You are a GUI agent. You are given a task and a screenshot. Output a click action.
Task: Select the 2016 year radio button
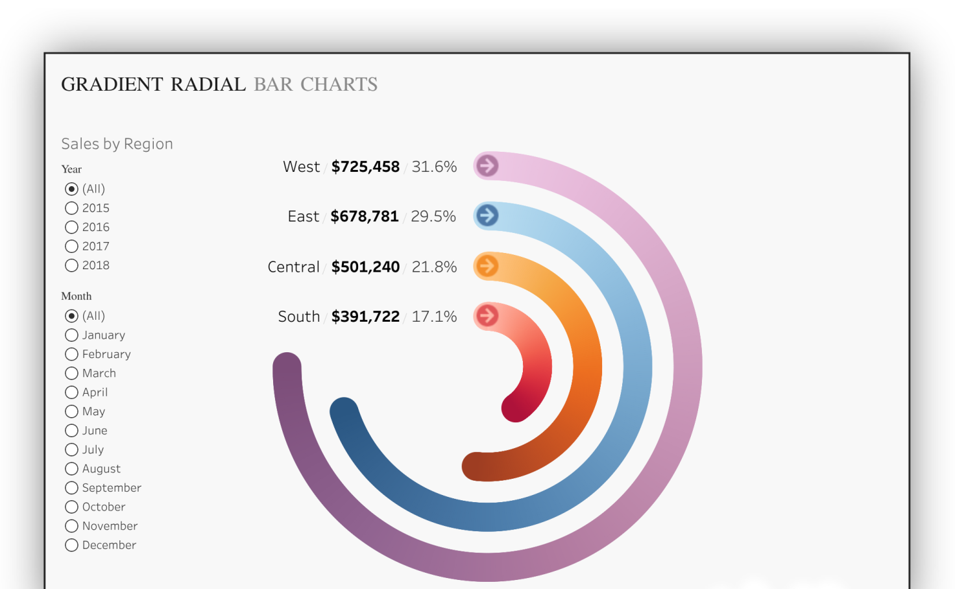pyautogui.click(x=71, y=227)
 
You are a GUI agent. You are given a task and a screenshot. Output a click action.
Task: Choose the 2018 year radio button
pyautogui.click(x=71, y=265)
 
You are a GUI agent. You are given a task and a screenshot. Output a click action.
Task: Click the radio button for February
pyautogui.click(x=71, y=354)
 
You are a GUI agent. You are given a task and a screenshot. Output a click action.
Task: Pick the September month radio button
pyautogui.click(x=71, y=488)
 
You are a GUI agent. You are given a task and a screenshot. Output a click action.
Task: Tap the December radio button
pyautogui.click(x=71, y=545)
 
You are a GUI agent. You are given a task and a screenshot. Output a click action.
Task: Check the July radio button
pyautogui.click(x=71, y=450)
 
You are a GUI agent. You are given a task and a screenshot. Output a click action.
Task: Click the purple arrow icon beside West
pyautogui.click(x=487, y=166)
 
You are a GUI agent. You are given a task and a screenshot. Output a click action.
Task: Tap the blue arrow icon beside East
pyautogui.click(x=487, y=215)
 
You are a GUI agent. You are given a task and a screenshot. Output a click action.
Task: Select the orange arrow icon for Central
pyautogui.click(x=487, y=265)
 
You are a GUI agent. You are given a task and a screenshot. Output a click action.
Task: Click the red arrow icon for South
pyautogui.click(x=487, y=316)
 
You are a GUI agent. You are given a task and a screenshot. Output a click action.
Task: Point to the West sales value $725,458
pyautogui.click(x=365, y=167)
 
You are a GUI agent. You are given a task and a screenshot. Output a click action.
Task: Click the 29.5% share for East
pyautogui.click(x=433, y=217)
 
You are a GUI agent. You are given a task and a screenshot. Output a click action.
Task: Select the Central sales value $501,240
pyautogui.click(x=365, y=267)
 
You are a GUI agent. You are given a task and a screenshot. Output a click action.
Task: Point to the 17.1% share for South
pyautogui.click(x=434, y=317)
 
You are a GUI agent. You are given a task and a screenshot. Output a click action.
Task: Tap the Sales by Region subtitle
pyautogui.click(x=117, y=144)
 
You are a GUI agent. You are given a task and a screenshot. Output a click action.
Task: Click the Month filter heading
pyautogui.click(x=77, y=296)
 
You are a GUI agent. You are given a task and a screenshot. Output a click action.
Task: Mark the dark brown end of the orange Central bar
pyautogui.click(x=476, y=466)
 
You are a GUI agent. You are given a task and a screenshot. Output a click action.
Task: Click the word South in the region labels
pyautogui.click(x=298, y=317)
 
